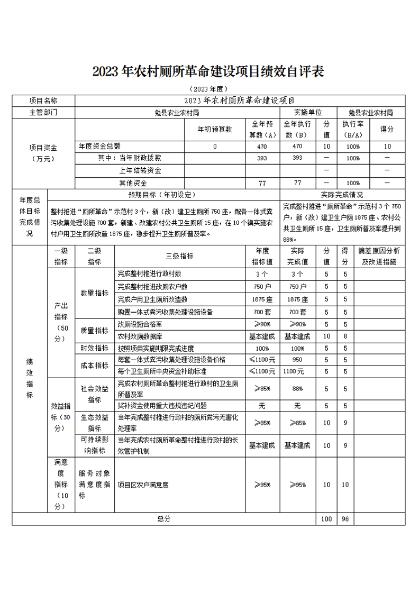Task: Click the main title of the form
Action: [208, 71]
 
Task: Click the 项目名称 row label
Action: [43, 101]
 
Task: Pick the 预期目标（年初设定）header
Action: [162, 195]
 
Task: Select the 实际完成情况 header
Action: [342, 195]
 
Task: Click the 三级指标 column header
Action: [179, 256]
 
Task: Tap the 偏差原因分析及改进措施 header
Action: [379, 256]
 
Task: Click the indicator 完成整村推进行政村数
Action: [150, 274]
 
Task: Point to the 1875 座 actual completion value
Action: [297, 299]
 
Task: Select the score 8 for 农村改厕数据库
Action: [345, 336]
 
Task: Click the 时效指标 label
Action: [94, 349]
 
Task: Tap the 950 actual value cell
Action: [297, 360]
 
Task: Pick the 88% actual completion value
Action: [297, 389]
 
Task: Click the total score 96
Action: [345, 519]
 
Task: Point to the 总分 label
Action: [164, 519]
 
